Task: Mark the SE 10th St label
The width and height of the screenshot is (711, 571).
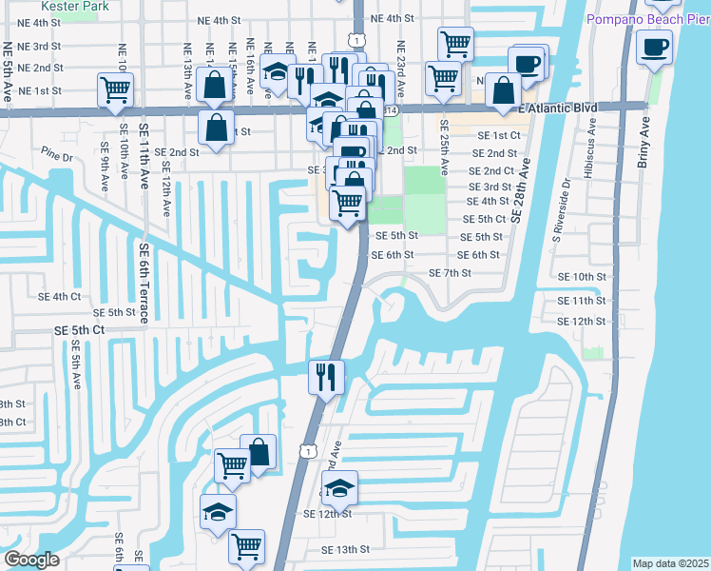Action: (x=582, y=276)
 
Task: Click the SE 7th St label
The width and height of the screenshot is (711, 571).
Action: (x=451, y=273)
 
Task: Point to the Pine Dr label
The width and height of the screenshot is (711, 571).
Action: (x=56, y=155)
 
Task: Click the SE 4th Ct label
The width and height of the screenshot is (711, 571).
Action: (x=73, y=297)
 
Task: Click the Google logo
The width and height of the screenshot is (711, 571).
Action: (x=31, y=559)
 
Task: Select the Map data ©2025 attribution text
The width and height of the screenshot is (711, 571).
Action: (x=670, y=563)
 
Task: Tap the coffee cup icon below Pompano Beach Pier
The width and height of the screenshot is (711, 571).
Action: (x=654, y=48)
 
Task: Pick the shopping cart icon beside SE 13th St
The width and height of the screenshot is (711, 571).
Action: (x=247, y=547)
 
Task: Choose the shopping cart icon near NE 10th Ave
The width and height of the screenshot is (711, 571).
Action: (x=115, y=89)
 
